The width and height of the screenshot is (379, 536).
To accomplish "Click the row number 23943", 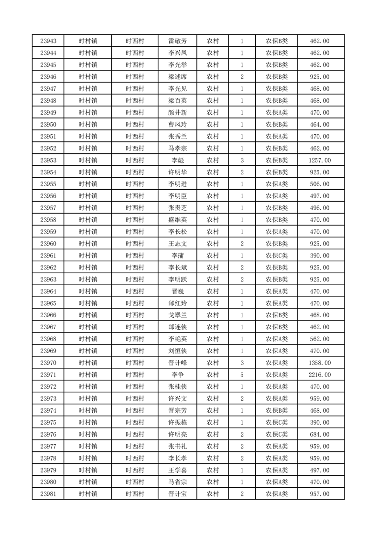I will tap(48, 41).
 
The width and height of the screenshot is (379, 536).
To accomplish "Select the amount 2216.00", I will tap(320, 375).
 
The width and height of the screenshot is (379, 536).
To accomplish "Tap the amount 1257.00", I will tap(320, 161).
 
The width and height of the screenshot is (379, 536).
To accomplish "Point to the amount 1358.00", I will tap(320, 363).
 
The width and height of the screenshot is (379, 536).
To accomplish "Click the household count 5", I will tap(242, 375).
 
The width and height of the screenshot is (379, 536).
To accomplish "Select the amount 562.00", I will tap(320, 339).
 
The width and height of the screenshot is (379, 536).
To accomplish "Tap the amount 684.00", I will tap(320, 435).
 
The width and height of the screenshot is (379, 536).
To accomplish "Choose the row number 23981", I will tap(48, 494).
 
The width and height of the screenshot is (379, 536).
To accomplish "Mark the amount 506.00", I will tap(320, 184).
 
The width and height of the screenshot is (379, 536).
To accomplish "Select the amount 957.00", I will tap(320, 494).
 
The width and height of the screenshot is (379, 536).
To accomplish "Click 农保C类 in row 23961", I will tap(277, 256).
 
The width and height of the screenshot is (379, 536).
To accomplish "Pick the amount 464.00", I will tap(320, 125).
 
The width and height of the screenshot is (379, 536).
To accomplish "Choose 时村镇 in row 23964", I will tap(88, 291).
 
